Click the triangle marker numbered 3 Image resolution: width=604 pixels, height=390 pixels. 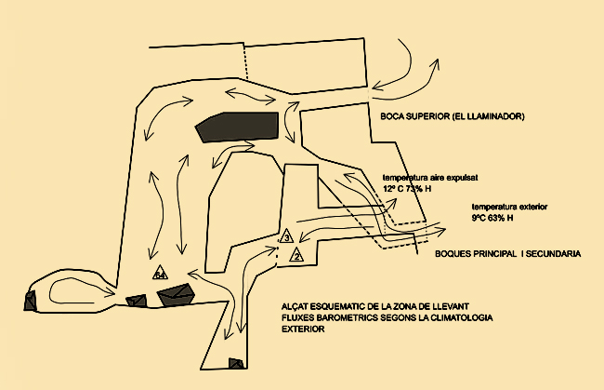pyautogui.click(x=287, y=237)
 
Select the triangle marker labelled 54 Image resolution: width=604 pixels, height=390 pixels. pyautogui.click(x=160, y=275)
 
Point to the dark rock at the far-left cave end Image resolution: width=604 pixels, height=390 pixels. pyautogui.click(x=31, y=300)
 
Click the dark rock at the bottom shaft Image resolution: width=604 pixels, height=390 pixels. pyautogui.click(x=237, y=364)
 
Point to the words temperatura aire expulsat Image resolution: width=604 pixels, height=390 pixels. pyautogui.click(x=428, y=176)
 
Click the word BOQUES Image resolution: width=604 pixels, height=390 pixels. pyautogui.click(x=456, y=253)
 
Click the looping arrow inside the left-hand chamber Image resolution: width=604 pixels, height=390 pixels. pyautogui.click(x=70, y=290)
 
